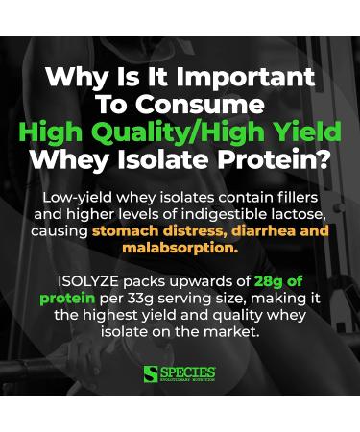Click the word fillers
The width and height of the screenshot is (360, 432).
tap(294, 196)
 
